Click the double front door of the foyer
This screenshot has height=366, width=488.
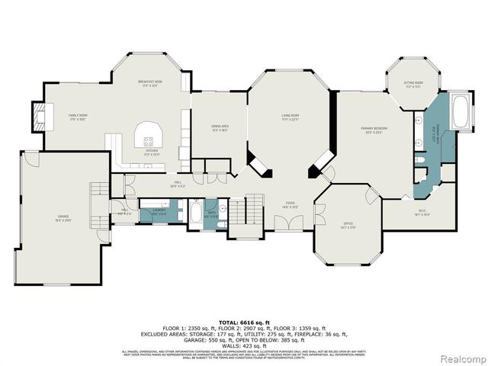pos(287,223)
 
